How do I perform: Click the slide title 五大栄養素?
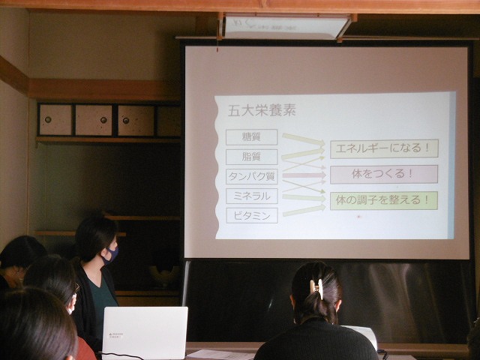pyautogui.click(x=262, y=110)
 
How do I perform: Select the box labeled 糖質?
pyautogui.click(x=252, y=137)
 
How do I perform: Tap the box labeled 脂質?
pyautogui.click(x=252, y=157)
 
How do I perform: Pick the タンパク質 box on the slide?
pyautogui.click(x=252, y=177)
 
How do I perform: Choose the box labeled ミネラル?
pyautogui.click(x=252, y=196)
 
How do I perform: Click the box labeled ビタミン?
pyautogui.click(x=252, y=216)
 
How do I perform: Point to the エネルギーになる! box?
pyautogui.click(x=384, y=148)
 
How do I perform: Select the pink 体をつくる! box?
pyautogui.click(x=384, y=175)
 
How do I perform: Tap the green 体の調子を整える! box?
pyautogui.click(x=384, y=200)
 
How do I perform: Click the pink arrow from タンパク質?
pyautogui.click(x=304, y=175)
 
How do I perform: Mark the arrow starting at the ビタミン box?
pyautogui.click(x=304, y=211)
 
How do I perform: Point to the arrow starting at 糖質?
pyautogui.click(x=303, y=139)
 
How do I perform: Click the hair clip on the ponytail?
pyautogui.click(x=316, y=289)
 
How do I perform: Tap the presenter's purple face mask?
pyautogui.click(x=110, y=255)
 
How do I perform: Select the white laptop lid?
pyautogui.click(x=145, y=333)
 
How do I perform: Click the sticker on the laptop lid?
pyautogui.click(x=115, y=335)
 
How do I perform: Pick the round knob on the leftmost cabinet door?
pyautogui.click(x=48, y=120)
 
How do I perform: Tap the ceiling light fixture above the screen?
pyautogui.click(x=286, y=27)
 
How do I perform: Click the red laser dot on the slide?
pyautogui.click(x=359, y=217)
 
